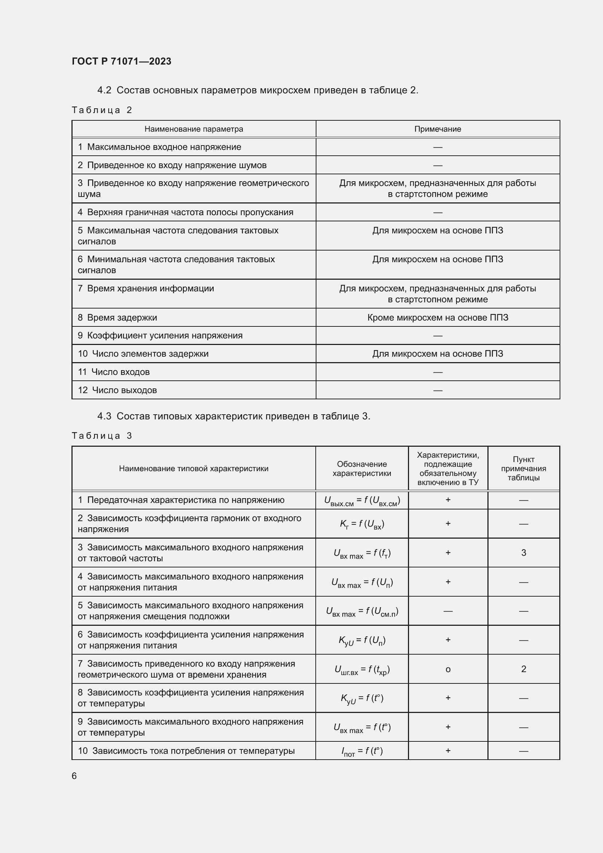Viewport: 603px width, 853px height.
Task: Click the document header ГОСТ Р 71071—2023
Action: click(121, 61)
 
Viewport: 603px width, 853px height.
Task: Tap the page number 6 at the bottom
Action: click(74, 776)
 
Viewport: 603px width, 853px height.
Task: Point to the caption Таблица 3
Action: click(102, 435)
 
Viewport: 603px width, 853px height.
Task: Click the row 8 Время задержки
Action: click(117, 317)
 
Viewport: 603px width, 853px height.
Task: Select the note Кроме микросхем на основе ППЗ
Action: click(437, 317)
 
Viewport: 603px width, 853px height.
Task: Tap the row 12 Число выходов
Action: click(117, 390)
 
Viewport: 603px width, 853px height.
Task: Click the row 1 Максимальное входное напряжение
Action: click(159, 147)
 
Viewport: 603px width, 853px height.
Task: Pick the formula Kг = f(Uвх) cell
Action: click(362, 524)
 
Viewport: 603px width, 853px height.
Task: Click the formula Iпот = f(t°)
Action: click(362, 752)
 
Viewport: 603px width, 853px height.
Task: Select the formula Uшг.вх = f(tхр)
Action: click(362, 670)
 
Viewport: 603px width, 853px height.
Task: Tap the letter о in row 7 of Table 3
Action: click(448, 670)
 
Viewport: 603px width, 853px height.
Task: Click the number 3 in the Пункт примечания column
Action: click(523, 553)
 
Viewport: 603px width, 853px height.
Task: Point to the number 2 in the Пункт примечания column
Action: click(523, 669)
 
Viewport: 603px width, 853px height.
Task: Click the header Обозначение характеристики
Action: click(362, 469)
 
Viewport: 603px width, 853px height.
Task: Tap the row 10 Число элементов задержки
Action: click(143, 354)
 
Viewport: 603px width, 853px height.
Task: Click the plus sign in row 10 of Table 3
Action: click(448, 751)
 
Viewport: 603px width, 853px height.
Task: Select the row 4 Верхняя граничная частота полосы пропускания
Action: click(185, 212)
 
